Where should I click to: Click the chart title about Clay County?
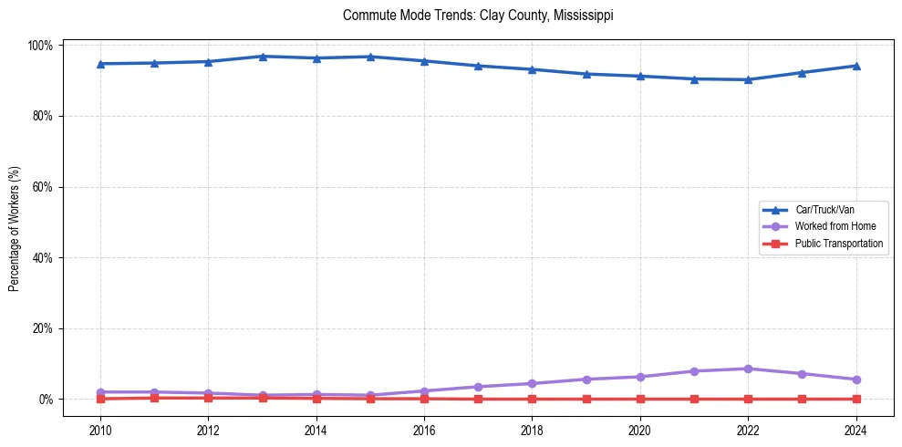(x=478, y=16)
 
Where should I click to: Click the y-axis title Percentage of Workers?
(x=15, y=223)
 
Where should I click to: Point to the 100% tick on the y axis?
(x=42, y=46)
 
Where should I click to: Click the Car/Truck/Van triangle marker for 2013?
(x=262, y=57)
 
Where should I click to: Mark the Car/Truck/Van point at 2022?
(x=748, y=79)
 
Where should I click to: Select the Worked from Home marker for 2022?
(x=748, y=369)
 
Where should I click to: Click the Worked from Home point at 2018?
(x=532, y=383)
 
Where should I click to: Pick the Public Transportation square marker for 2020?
(x=640, y=399)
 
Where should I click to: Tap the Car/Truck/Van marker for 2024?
(x=855, y=66)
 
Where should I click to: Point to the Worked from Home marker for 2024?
(x=855, y=379)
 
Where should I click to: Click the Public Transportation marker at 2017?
(x=478, y=399)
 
